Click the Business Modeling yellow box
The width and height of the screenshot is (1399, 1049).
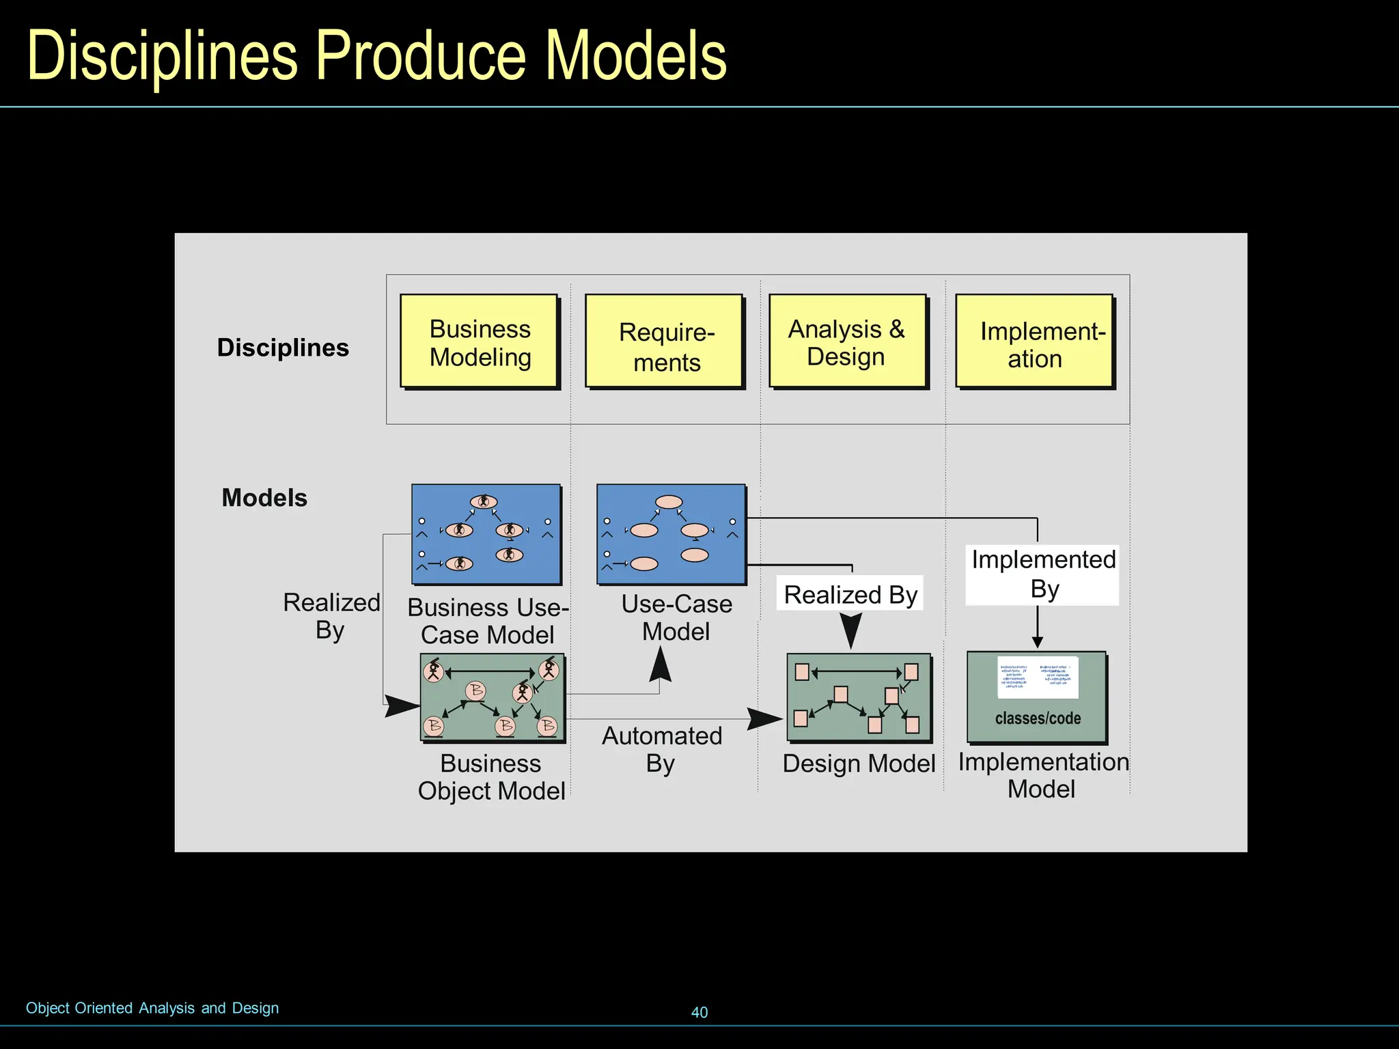[x=480, y=342]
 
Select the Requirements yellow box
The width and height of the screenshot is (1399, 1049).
[x=665, y=342]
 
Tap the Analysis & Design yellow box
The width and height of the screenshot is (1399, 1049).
[x=848, y=342]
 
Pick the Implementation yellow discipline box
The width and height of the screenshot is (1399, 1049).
[x=1035, y=342]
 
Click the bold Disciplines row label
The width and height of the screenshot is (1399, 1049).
[x=283, y=348]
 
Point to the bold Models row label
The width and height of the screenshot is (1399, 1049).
[x=264, y=498]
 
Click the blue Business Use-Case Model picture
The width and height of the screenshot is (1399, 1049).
[x=486, y=535]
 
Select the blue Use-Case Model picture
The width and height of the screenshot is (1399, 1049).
[x=671, y=535]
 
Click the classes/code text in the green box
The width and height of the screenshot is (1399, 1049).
[x=1038, y=718]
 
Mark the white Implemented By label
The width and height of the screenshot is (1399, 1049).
[x=1042, y=574]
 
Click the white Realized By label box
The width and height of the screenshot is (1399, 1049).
[x=850, y=594]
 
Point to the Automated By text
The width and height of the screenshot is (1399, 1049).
[x=661, y=749]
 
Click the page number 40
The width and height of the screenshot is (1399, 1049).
[x=699, y=1012]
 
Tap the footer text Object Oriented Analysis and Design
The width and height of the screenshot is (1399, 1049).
[x=152, y=1008]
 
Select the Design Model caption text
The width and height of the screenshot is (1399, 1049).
[x=859, y=764]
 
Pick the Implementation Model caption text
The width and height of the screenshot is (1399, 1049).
[x=1042, y=775]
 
